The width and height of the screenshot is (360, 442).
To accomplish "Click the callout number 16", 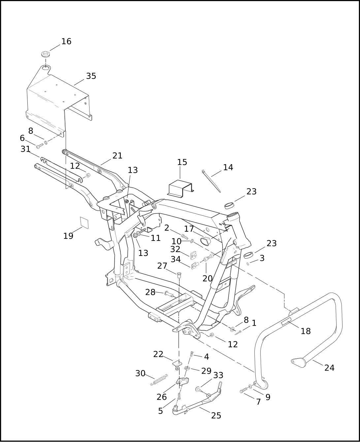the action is pos(66,42).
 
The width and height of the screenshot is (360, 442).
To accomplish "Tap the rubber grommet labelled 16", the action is pos(46,55).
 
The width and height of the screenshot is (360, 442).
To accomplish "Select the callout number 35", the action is pos(91,76).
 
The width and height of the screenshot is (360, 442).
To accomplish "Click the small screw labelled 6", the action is pos(40,146).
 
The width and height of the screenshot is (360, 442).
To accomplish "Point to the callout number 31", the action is pos(25,149).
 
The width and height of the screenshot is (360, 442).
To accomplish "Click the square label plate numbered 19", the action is pos(84,223).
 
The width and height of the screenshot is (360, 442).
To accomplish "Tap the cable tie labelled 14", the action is pos(211,181).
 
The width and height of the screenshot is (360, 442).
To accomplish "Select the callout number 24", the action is pos(330,368).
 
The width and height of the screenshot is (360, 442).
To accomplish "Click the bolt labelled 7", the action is pos(244,390).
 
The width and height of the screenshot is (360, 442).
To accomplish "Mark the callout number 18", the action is pos(306,331).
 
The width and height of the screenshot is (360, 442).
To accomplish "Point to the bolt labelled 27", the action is pos(179,275).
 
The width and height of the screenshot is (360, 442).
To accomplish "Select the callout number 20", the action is pos(208,278).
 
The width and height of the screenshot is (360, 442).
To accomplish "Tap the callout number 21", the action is pos(117,155).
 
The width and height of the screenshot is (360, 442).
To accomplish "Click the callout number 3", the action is pos(262,258).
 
